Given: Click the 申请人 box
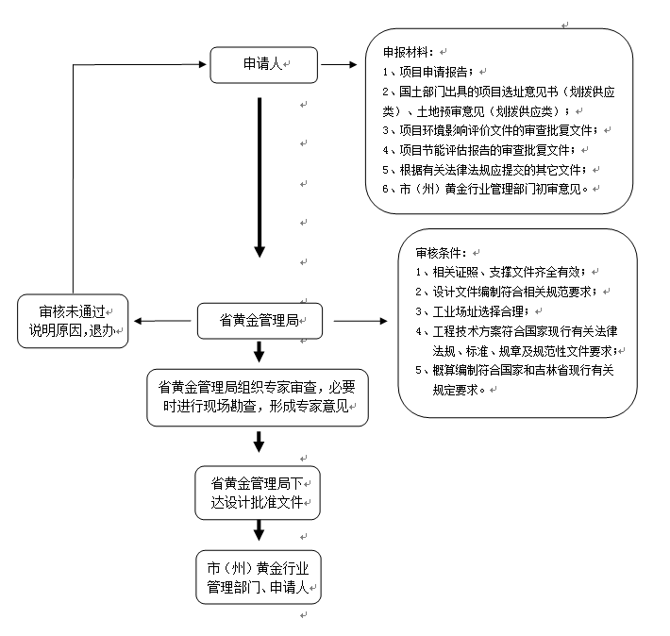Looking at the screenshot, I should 263,64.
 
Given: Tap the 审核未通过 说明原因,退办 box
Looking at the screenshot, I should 73,321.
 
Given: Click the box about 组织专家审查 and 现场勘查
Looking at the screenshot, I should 258,398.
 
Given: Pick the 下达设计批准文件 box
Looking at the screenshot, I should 258,491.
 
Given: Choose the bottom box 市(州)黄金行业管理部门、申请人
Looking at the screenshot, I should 258,577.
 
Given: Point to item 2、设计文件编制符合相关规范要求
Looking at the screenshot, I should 510,291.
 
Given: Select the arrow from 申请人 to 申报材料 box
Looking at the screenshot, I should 335,65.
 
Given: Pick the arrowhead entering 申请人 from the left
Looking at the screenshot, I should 199,64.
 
